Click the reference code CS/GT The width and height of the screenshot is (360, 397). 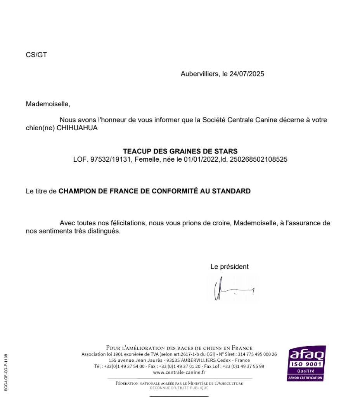[36, 55]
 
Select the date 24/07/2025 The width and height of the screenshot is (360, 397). [247, 74]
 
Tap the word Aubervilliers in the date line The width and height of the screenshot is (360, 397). [199, 74]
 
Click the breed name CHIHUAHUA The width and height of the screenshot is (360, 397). [77, 128]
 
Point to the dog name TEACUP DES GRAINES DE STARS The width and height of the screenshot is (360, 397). [180, 151]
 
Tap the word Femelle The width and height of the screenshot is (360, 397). [146, 159]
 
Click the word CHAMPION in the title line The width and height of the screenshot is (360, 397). [77, 191]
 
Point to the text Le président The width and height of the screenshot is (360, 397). [230, 267]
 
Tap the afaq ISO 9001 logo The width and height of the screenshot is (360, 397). [306, 363]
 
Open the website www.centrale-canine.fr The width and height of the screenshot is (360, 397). [179, 373]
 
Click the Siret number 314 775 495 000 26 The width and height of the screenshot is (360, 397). [257, 354]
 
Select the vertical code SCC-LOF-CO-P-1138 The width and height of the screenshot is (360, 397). [6, 373]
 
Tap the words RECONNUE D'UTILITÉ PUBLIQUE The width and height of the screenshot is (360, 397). [179, 388]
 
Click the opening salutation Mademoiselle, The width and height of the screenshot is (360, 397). [48, 104]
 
